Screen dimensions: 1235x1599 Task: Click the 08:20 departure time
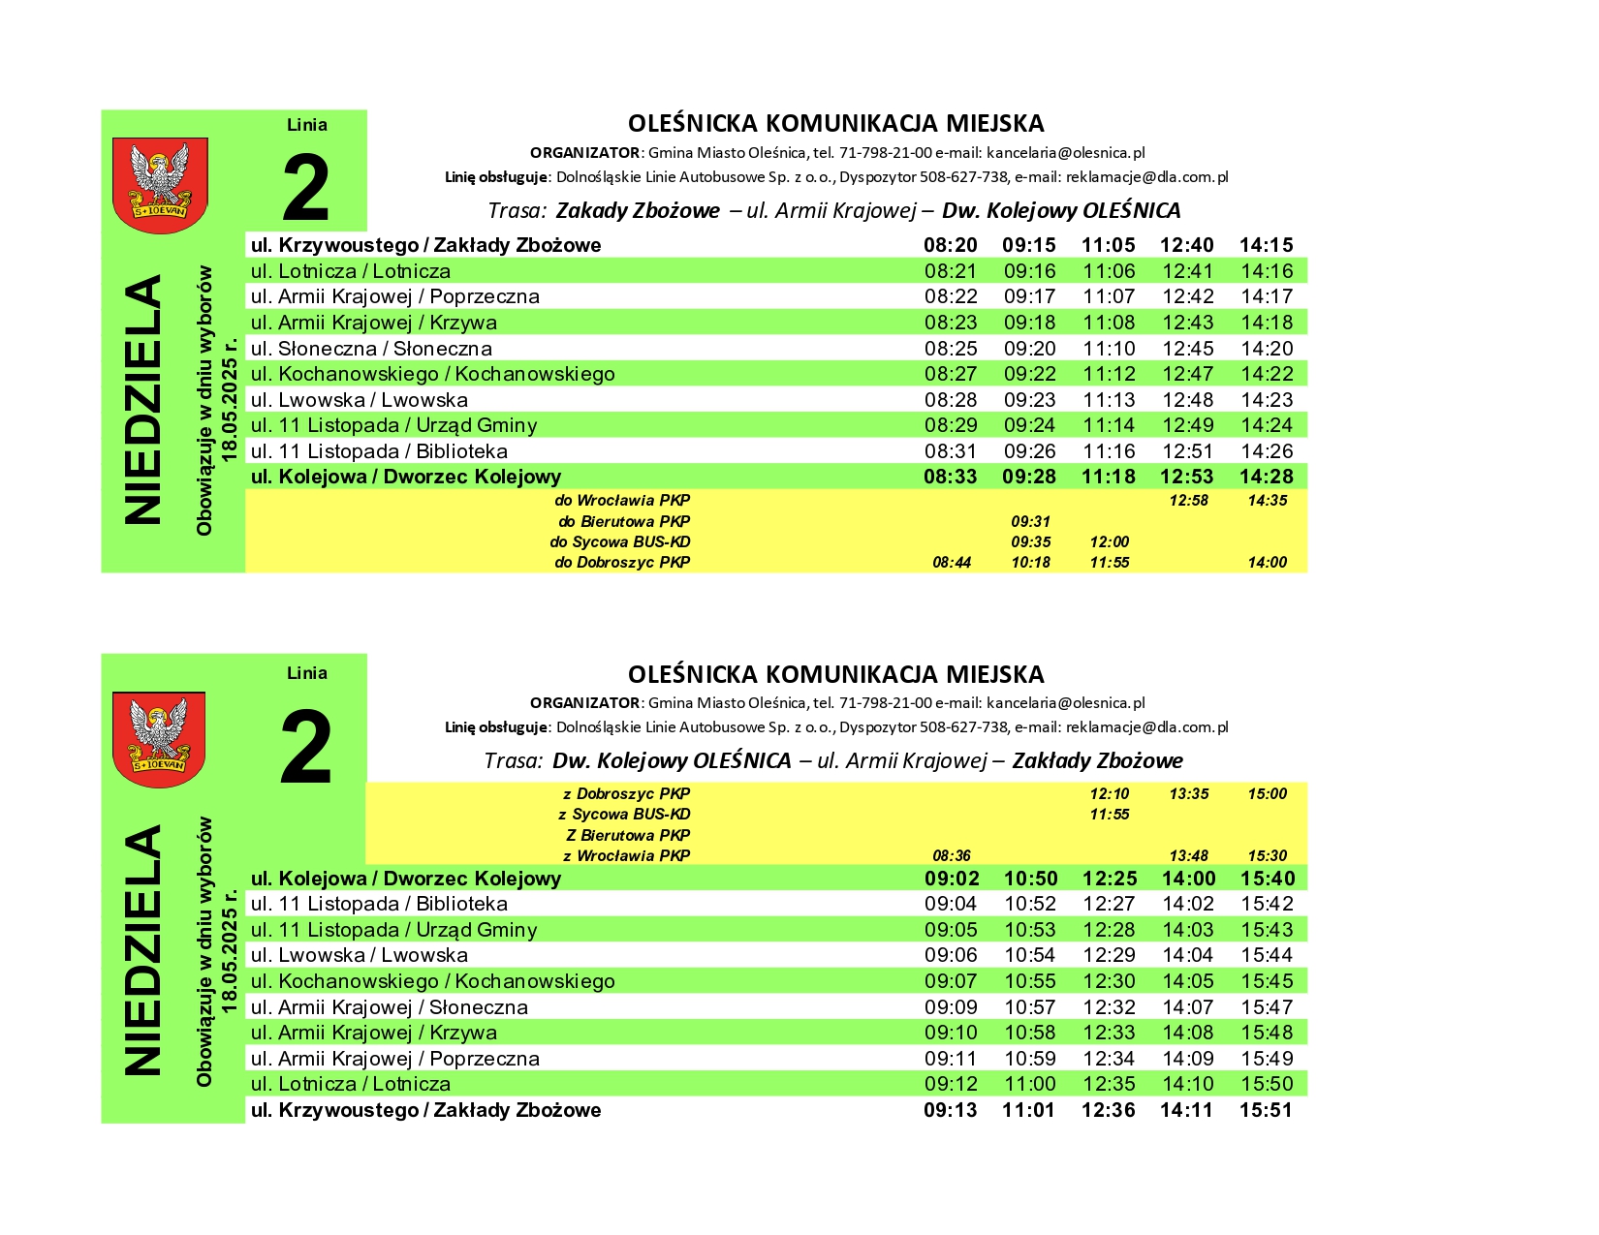[950, 245]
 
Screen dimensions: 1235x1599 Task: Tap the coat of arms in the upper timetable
[160, 184]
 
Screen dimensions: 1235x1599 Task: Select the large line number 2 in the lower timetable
[305, 748]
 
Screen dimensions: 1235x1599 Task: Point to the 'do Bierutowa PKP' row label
[624, 521]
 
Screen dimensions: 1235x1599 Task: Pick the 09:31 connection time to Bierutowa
[1030, 521]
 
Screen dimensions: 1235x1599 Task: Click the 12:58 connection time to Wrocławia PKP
[1188, 501]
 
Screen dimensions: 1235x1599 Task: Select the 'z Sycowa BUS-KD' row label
[624, 815]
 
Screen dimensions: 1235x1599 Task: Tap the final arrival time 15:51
[1266, 1110]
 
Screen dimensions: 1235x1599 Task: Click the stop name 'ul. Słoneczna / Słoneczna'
[371, 349]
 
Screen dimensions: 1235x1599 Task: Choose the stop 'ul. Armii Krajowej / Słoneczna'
[389, 1007]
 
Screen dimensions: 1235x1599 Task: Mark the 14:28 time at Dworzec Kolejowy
[1266, 477]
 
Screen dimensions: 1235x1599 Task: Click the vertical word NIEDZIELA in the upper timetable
[143, 400]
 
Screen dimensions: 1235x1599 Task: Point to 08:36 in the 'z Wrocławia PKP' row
[951, 856]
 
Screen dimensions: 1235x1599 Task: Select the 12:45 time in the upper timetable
[1187, 349]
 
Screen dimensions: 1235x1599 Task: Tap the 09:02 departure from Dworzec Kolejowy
[951, 879]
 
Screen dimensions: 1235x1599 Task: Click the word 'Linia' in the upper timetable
[306, 125]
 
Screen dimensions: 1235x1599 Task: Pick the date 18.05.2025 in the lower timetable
[230, 948]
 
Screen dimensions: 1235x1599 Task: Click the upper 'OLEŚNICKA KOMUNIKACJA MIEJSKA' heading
[835, 124]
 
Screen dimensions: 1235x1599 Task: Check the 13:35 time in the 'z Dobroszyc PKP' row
[1188, 794]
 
